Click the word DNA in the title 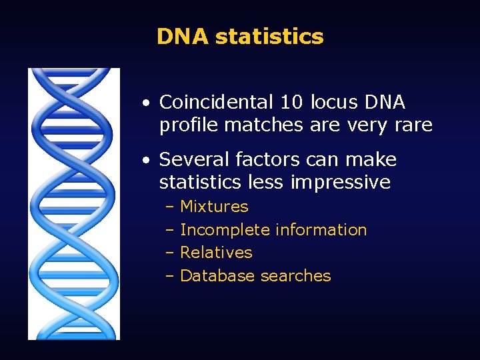[x=183, y=36]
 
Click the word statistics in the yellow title [x=269, y=36]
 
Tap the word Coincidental [x=217, y=103]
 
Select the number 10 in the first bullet [x=291, y=103]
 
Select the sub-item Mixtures [x=214, y=207]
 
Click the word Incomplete [x=225, y=230]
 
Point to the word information [x=321, y=230]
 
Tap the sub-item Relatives [x=216, y=253]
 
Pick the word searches [x=295, y=276]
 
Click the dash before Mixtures [x=169, y=207]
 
